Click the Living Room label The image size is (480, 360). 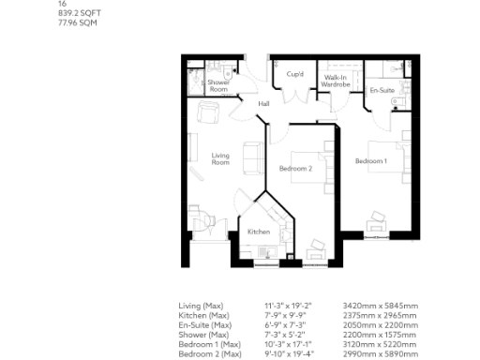(x=220, y=159)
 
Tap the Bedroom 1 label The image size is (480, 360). (x=370, y=162)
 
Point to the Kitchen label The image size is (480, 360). (x=259, y=232)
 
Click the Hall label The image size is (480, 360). (x=263, y=103)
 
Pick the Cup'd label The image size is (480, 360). (x=294, y=74)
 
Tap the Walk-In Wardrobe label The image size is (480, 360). (x=335, y=81)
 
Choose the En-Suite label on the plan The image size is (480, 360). (x=381, y=91)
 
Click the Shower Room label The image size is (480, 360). (x=218, y=86)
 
